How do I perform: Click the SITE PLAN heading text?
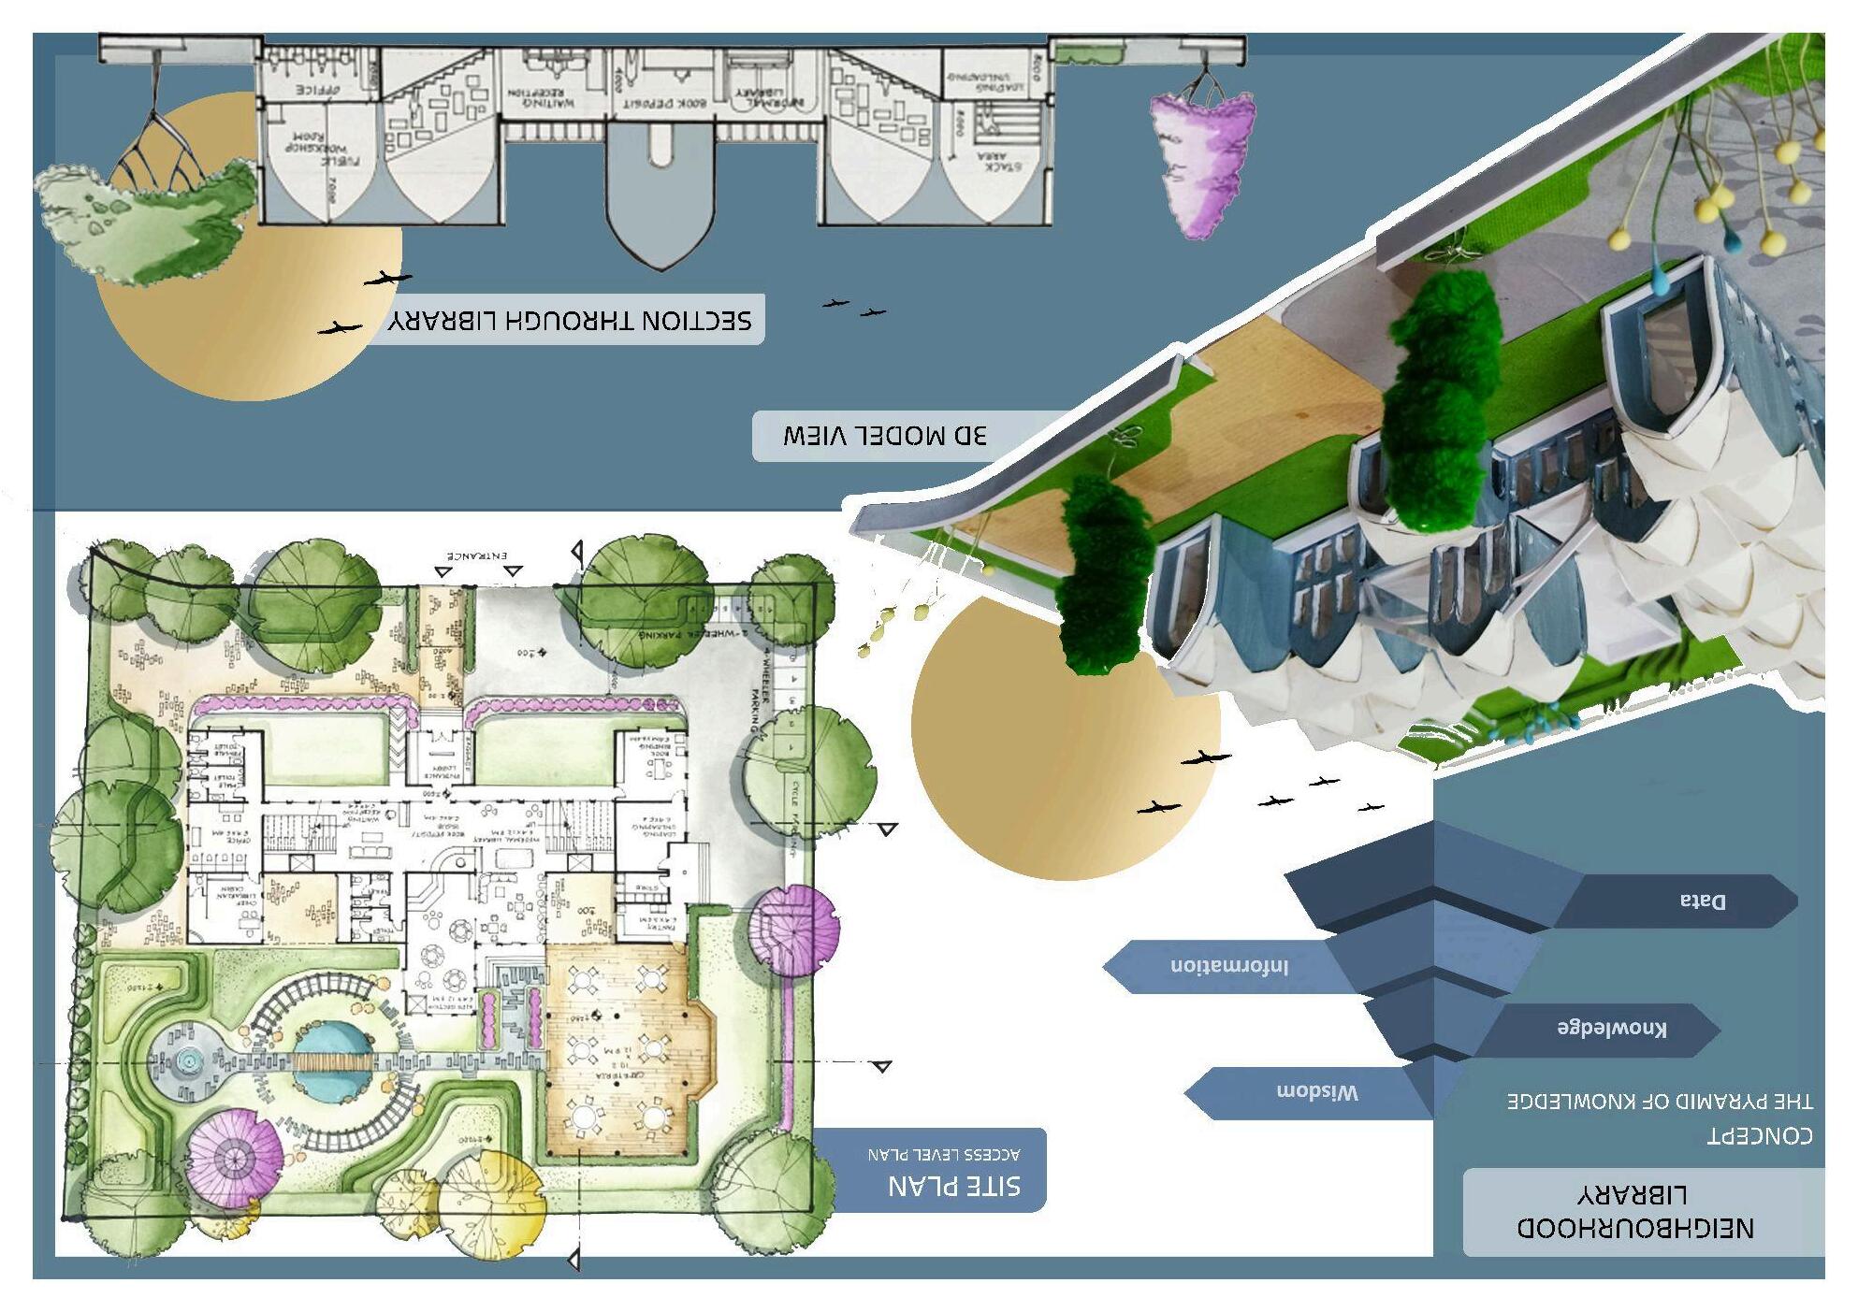[953, 1186]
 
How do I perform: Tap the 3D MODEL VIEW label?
[884, 436]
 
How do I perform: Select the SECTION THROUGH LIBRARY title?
[570, 321]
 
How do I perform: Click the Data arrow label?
[1702, 901]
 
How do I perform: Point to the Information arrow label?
[1228, 965]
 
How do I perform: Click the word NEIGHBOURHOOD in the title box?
[1634, 1227]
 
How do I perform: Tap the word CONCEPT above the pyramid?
[1760, 1135]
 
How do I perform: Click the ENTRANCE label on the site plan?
[476, 555]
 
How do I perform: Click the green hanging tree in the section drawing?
[150, 215]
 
